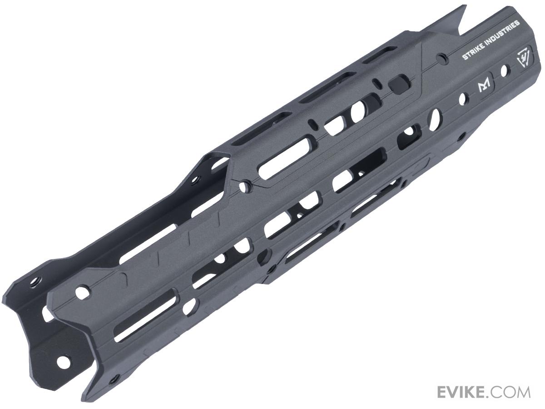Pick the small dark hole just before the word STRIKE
[440, 59]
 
